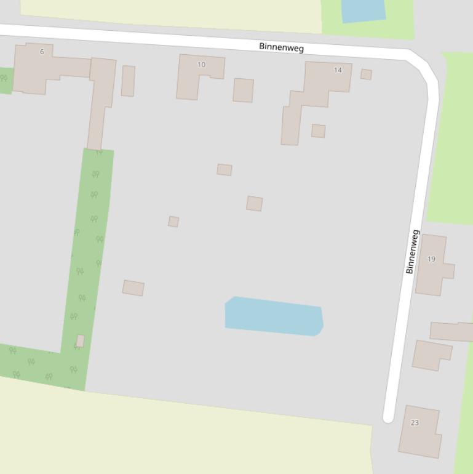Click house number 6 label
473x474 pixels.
(x=42, y=52)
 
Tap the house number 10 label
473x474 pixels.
(x=201, y=65)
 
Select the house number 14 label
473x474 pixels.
(x=338, y=70)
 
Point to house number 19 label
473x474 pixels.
(x=431, y=259)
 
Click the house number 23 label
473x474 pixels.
(x=415, y=423)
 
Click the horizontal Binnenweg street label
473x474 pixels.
(x=281, y=47)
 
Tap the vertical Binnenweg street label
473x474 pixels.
(x=412, y=252)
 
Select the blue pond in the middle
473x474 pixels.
(x=273, y=316)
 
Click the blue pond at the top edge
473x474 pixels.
(x=363, y=10)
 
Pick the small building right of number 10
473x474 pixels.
(x=243, y=90)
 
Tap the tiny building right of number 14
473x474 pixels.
(x=366, y=74)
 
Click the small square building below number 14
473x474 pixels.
(x=318, y=131)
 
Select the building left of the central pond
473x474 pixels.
(x=133, y=287)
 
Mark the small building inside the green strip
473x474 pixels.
(x=80, y=340)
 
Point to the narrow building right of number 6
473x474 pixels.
(x=128, y=81)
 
